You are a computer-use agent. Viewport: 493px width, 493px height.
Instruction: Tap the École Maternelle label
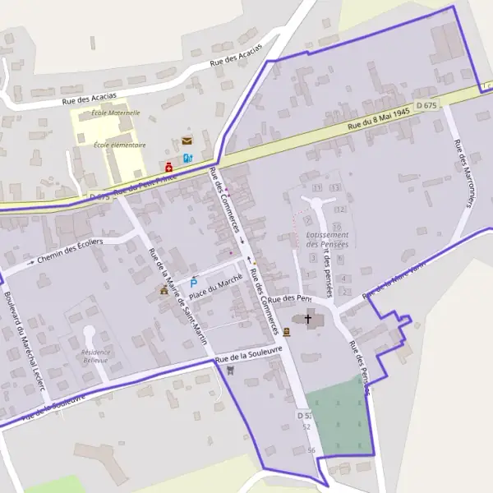[x=116, y=113]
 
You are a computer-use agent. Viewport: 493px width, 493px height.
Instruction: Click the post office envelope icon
[x=187, y=141]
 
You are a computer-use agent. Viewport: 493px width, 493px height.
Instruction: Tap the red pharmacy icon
[x=168, y=167]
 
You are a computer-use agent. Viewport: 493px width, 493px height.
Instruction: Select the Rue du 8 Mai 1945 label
[x=378, y=119]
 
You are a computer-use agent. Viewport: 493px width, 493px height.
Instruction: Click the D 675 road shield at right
[x=426, y=105]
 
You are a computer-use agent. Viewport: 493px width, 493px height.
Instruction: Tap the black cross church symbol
[x=309, y=318]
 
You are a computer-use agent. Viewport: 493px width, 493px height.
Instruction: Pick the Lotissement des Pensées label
[x=327, y=239]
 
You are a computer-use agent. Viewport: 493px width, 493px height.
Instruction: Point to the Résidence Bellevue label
[x=96, y=357]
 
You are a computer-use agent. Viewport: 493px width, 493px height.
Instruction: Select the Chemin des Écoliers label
[x=69, y=251]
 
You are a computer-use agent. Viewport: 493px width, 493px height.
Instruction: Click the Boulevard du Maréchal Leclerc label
[x=23, y=341]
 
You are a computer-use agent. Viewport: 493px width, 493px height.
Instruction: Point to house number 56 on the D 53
[x=311, y=450]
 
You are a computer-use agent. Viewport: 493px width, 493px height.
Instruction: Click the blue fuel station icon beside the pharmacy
[x=187, y=158]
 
